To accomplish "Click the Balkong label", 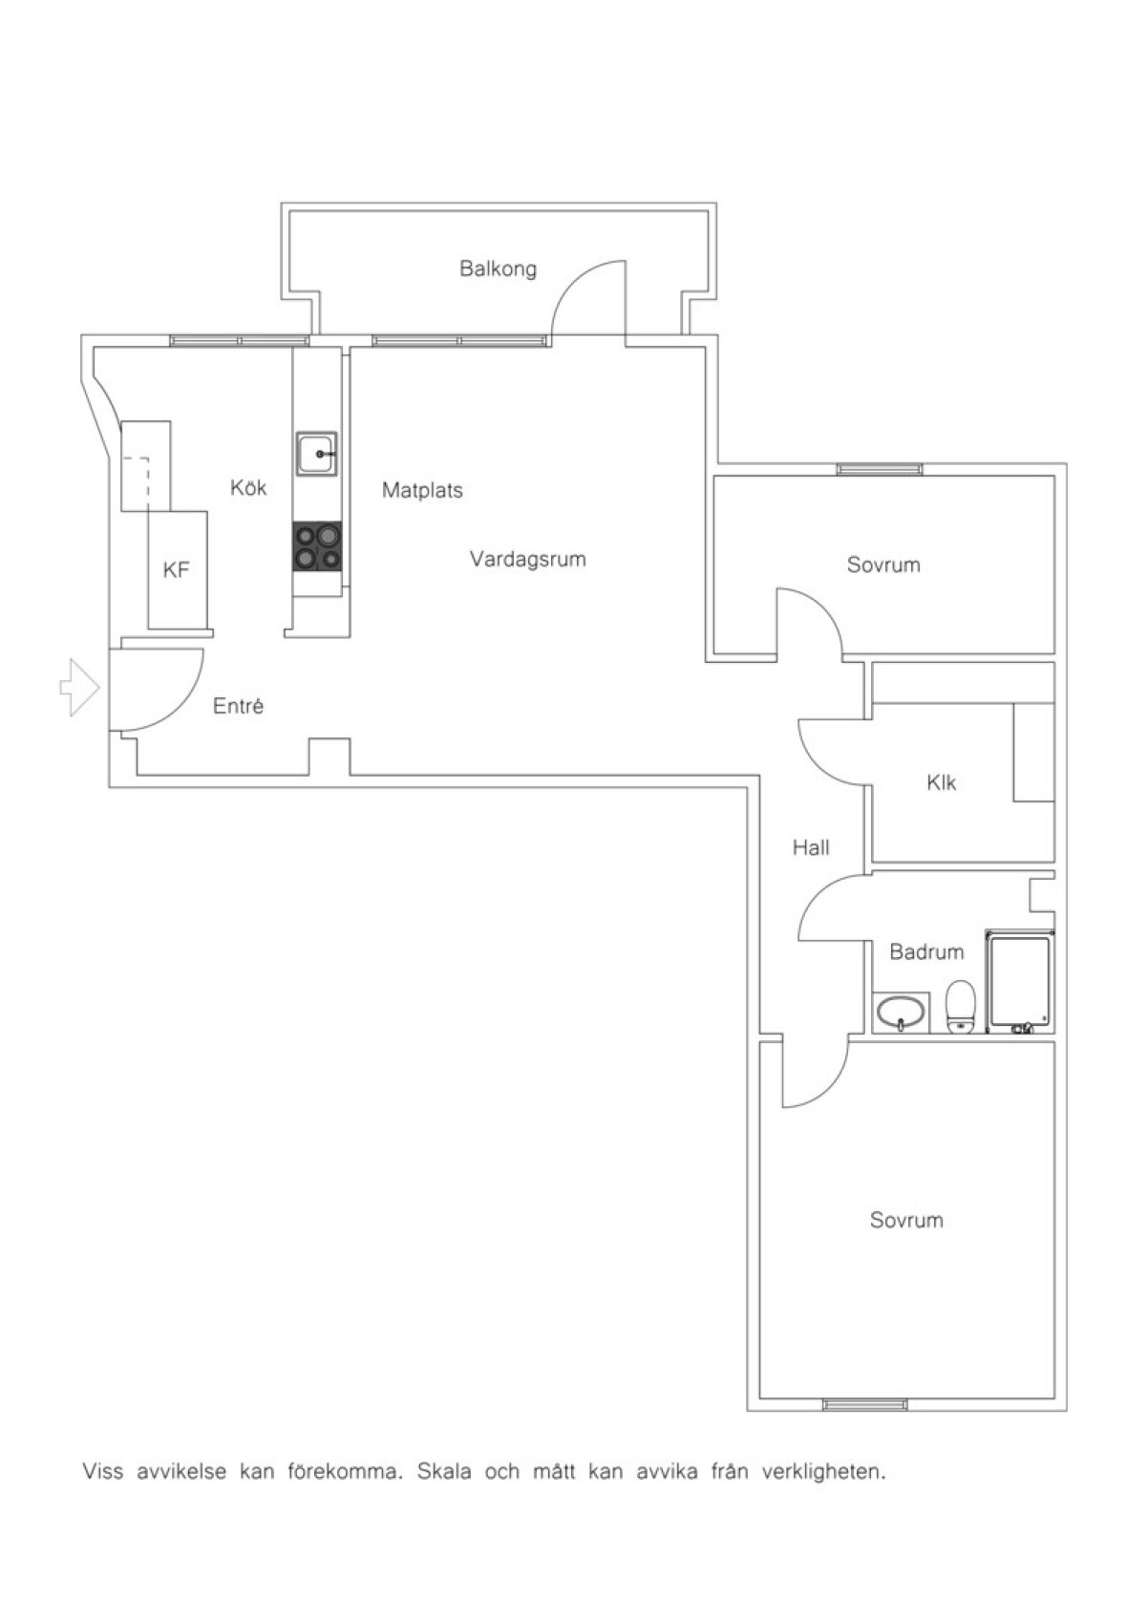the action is point(499,269).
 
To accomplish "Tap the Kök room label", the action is point(248,487).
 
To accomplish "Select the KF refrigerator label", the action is point(176,570).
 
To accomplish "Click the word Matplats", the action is point(422,490).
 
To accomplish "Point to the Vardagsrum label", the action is point(528,560).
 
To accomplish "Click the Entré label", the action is point(239,706).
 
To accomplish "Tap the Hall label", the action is point(811,847).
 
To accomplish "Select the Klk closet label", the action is point(942,782).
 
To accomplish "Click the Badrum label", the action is point(926,951).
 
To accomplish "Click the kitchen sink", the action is point(316,455).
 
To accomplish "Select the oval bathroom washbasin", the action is point(901,1013).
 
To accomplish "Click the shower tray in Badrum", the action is point(1020,982).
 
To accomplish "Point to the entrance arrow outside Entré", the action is point(79,689).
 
